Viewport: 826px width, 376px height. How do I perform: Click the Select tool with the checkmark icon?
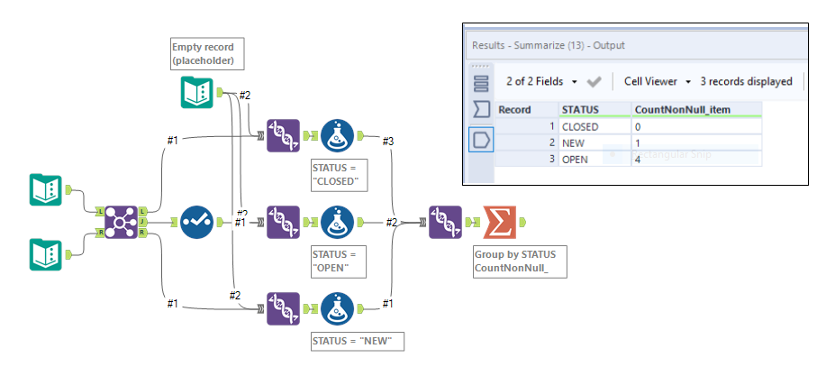point(195,222)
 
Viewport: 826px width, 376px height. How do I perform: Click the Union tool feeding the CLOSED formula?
point(283,136)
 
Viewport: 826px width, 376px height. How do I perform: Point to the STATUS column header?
point(581,110)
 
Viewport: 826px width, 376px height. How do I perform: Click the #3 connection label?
point(388,142)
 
